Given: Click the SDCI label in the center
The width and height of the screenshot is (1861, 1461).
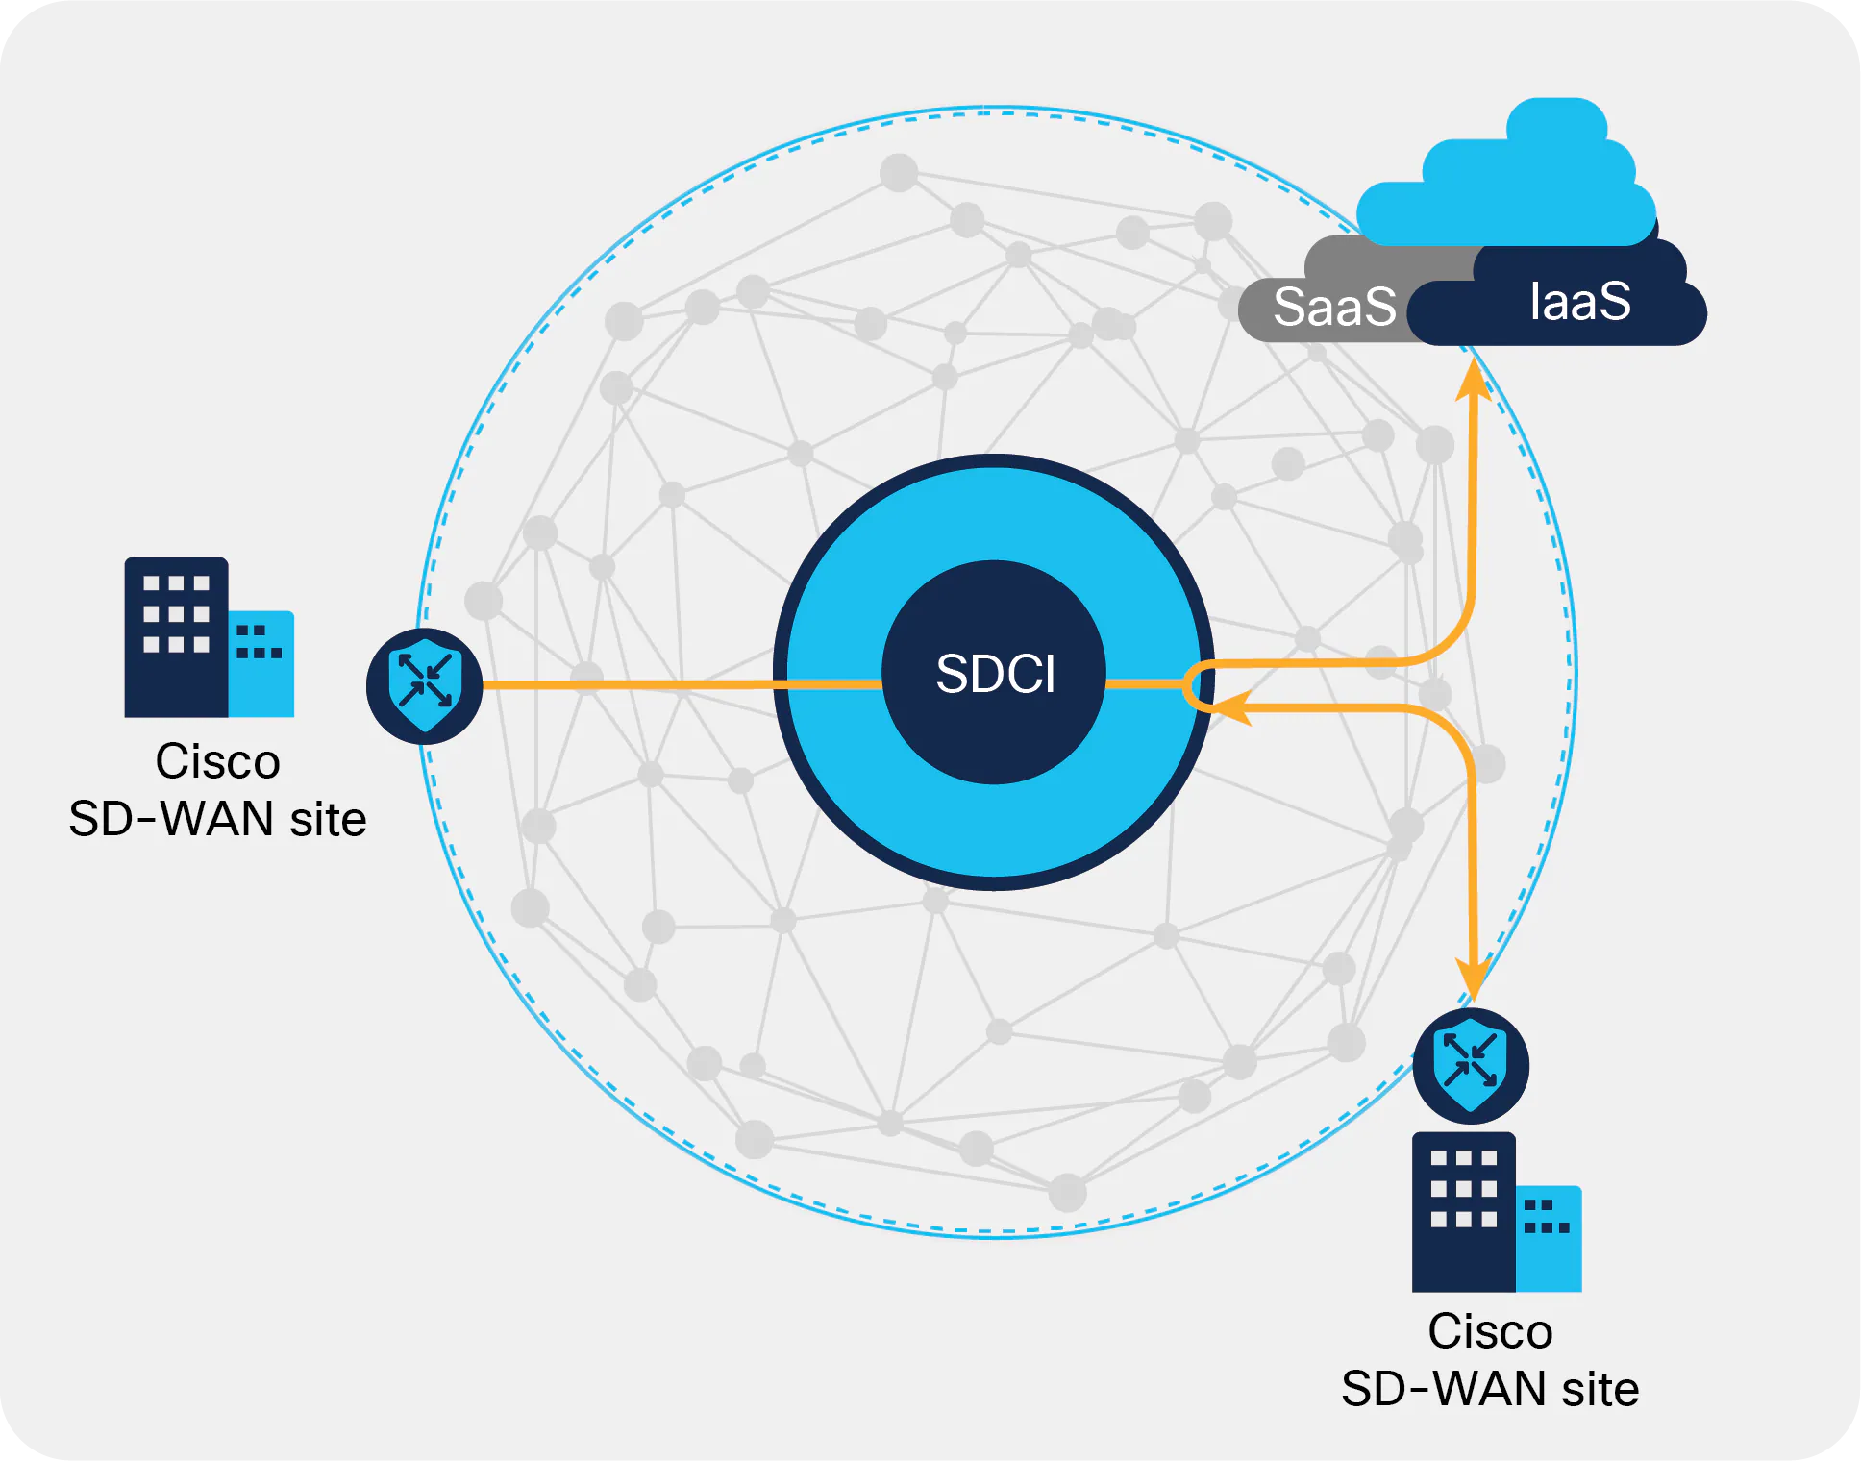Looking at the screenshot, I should (995, 673).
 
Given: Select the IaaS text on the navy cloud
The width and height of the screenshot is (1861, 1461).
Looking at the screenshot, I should (1579, 301).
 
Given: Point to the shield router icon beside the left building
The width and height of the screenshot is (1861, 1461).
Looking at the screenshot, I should (425, 685).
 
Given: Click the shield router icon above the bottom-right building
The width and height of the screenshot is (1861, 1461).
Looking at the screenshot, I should (1471, 1065).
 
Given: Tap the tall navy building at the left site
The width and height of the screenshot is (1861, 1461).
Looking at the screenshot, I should (177, 636).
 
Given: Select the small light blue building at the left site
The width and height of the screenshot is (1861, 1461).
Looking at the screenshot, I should (261, 663).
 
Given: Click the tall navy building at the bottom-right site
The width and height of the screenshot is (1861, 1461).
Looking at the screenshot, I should (1463, 1211).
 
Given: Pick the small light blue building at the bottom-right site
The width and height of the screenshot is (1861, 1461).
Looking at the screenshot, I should (1549, 1238).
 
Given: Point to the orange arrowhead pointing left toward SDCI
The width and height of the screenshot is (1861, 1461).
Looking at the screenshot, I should (1230, 707).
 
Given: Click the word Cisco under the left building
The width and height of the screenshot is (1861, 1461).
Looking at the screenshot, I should (217, 762).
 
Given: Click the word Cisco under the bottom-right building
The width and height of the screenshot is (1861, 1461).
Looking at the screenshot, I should (1490, 1332).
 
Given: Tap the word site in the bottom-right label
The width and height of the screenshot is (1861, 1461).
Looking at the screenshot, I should (1600, 1390).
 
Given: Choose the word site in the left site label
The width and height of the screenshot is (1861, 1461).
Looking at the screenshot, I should (328, 820).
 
